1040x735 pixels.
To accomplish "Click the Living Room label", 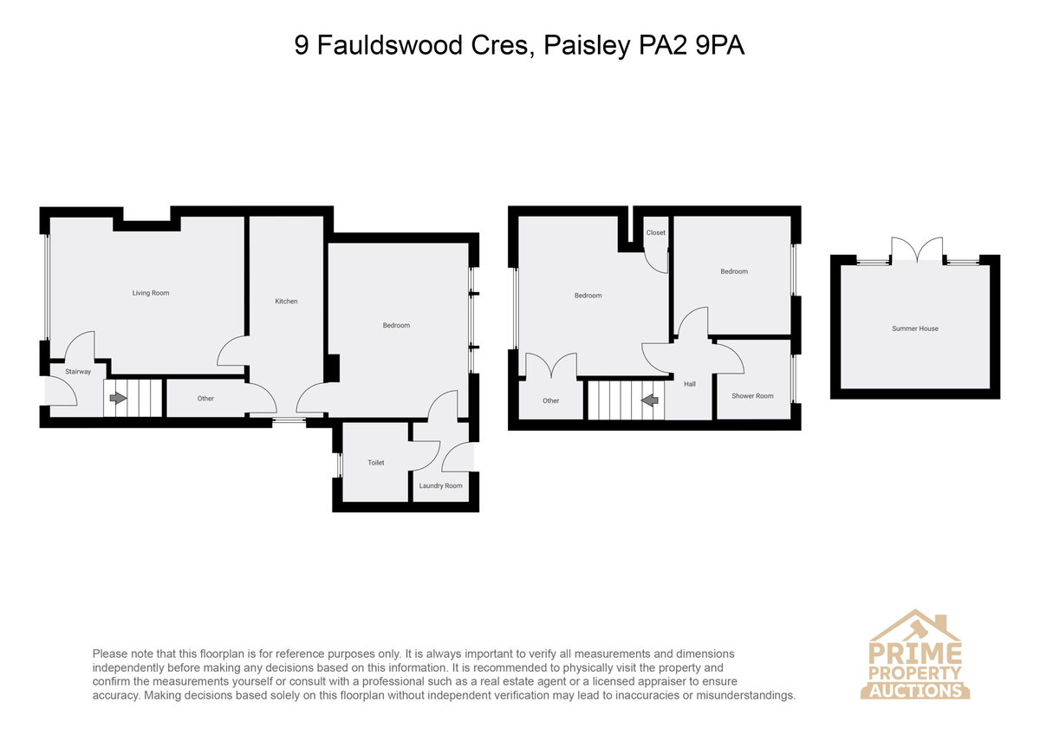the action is (151, 293).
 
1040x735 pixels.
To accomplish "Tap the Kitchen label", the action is (286, 302).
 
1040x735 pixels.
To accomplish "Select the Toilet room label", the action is (375, 463).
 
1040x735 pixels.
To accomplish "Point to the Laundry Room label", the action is (440, 485).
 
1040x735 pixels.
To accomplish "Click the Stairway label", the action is (78, 372).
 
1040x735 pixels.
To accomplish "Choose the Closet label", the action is (655, 232).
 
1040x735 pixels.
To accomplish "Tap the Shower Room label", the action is (752, 396).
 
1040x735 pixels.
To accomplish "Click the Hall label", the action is (690, 384).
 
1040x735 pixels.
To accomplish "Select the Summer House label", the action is (914, 328).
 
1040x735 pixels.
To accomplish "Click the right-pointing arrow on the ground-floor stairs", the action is (118, 398).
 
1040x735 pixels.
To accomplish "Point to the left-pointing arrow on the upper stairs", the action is (649, 400).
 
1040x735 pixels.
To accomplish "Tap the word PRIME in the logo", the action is (914, 654).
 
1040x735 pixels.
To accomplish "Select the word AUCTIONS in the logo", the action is (915, 691).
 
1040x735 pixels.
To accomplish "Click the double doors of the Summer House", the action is (917, 250).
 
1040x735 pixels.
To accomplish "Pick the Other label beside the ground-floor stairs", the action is (205, 399).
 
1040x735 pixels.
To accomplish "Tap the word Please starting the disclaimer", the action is (110, 654).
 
